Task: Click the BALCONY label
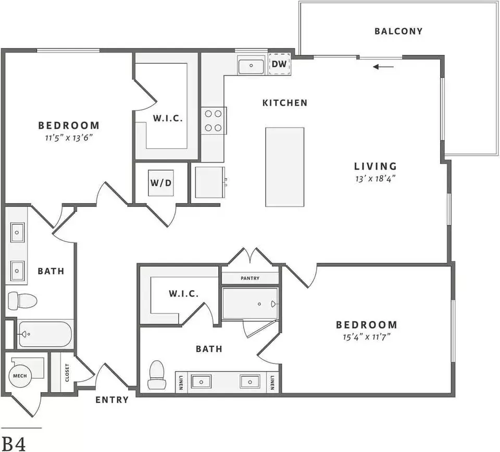point(398,31)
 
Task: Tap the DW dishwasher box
point(279,64)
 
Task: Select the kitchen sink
point(251,66)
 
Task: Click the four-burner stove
point(214,121)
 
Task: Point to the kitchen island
point(285,167)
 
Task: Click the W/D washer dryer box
point(161,183)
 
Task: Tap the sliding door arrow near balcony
point(383,67)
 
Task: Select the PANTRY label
point(250,278)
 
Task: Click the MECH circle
point(20,376)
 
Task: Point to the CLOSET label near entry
point(67,373)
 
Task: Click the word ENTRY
point(112,400)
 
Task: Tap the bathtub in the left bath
point(45,334)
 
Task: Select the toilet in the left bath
point(22,300)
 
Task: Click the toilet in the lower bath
point(157,374)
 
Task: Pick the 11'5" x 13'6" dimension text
point(69,137)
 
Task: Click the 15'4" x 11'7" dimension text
point(367,337)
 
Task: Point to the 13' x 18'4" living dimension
point(376,179)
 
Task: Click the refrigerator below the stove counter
point(210,182)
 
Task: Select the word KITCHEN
point(285,103)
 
